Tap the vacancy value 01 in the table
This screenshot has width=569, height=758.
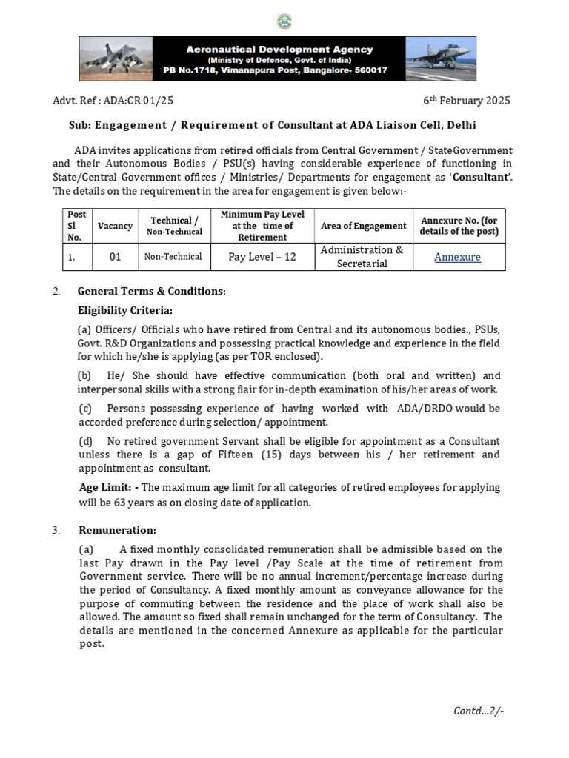point(115,257)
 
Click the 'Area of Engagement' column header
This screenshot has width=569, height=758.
point(363,226)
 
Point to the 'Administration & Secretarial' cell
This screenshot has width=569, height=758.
point(362,257)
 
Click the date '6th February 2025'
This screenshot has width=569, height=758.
point(466,101)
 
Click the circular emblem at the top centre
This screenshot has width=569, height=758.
point(284,21)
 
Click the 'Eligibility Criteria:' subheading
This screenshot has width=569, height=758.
point(125,310)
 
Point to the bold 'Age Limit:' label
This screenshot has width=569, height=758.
point(107,487)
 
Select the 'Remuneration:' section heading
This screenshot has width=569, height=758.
point(117,530)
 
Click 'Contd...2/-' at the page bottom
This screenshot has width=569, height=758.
point(479,711)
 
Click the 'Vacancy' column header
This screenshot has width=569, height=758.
point(115,226)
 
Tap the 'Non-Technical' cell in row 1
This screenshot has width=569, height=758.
point(173,257)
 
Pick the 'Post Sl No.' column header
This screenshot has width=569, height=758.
point(77,226)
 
